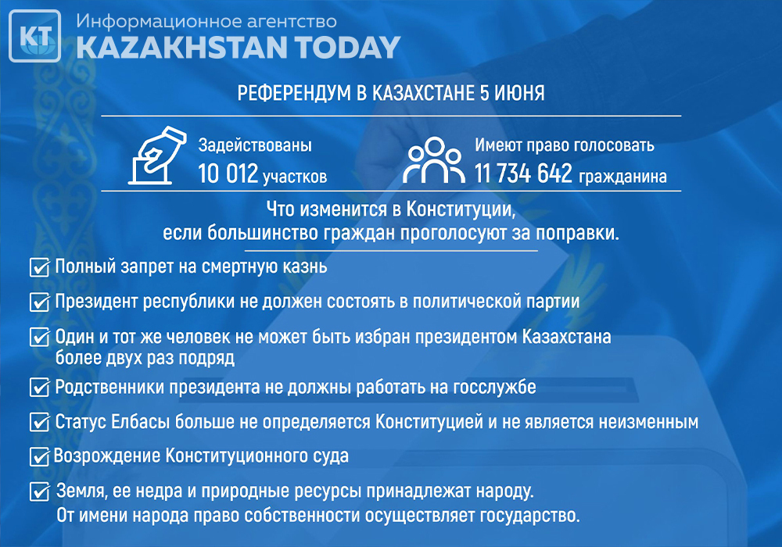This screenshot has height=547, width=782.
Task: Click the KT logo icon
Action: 35,36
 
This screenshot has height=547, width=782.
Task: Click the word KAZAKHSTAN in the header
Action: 181,48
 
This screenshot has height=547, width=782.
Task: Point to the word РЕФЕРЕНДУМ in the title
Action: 294,93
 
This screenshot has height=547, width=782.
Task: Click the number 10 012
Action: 228,173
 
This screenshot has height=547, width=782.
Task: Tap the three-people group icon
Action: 434,159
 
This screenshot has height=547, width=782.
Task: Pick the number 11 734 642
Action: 523,173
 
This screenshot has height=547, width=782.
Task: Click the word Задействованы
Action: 255,145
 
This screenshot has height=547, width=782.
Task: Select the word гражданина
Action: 623,177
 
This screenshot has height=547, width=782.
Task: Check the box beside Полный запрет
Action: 39,267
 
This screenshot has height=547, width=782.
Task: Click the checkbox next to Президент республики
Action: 39,302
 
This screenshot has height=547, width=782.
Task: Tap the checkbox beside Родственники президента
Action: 39,387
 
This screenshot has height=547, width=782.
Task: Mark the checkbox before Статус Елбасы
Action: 39,422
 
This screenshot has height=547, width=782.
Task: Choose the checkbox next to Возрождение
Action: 39,456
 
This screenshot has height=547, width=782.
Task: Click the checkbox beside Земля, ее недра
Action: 39,492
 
